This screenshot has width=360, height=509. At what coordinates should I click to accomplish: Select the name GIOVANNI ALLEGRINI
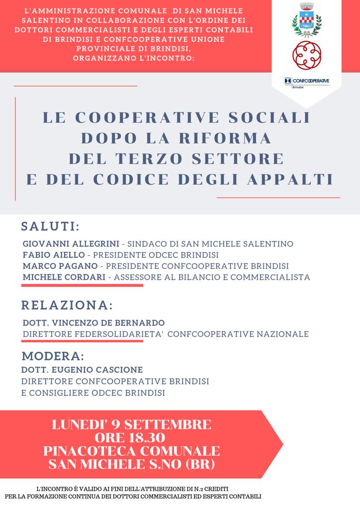click(x=71, y=244)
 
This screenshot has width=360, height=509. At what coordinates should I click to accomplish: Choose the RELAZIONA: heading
click(x=67, y=304)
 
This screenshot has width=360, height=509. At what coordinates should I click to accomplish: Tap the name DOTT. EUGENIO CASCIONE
click(x=82, y=370)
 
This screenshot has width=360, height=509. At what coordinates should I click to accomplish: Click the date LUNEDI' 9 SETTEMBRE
click(x=132, y=425)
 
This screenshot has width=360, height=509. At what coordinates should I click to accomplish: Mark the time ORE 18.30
click(x=132, y=438)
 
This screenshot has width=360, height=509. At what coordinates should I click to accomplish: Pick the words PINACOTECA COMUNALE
click(x=132, y=451)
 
